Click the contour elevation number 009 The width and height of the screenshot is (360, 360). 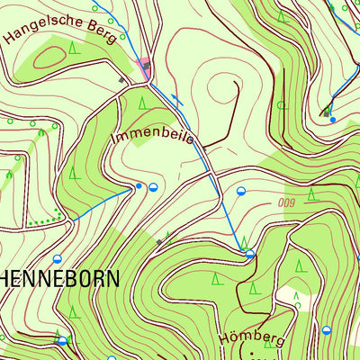(287, 202)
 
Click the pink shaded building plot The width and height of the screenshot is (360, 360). (144, 63)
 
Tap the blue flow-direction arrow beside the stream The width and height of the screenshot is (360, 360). (177, 101)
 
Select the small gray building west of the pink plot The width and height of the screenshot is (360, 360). (123, 81)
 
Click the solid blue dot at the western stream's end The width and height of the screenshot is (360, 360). (139, 186)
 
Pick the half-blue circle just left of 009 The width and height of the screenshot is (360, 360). (241, 191)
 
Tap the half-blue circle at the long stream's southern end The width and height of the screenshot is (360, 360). (250, 255)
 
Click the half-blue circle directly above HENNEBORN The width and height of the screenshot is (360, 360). (57, 259)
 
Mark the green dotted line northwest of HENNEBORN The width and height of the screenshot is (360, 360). (45, 220)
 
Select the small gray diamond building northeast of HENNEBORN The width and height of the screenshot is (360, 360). (160, 241)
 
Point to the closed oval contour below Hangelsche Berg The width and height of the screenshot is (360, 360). (51, 57)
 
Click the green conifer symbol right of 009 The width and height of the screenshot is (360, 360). (312, 193)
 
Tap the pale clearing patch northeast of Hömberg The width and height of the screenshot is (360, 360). (290, 296)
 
